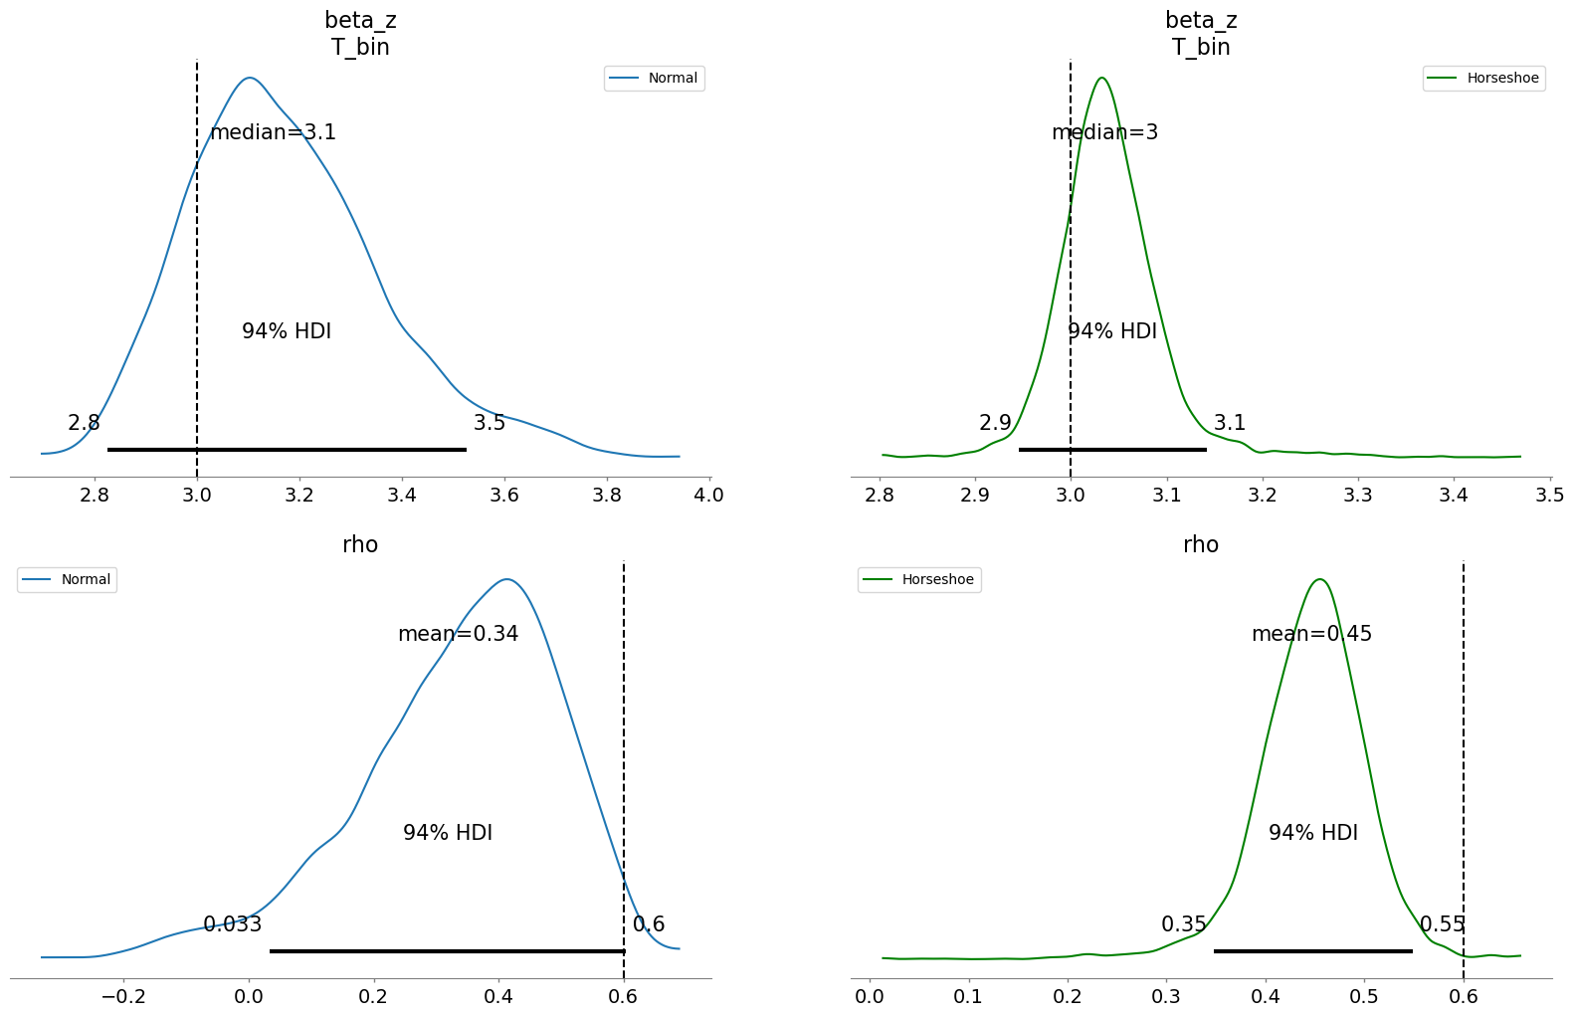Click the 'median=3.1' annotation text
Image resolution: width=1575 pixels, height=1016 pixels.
point(273,132)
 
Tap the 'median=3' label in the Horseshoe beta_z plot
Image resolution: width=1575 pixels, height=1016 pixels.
point(1104,132)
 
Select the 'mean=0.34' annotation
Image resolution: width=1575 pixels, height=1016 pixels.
point(458,634)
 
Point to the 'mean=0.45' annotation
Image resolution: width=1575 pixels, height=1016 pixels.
point(1311,634)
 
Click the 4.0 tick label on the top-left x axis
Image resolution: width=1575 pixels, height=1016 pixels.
point(708,495)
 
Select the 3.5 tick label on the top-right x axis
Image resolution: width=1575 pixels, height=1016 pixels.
point(1549,495)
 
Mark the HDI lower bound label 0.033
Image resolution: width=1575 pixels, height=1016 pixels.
point(232,924)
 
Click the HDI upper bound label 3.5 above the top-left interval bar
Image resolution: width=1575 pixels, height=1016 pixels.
point(490,423)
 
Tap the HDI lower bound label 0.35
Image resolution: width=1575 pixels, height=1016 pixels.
point(1183,924)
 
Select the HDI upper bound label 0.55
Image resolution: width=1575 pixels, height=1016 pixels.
point(1442,924)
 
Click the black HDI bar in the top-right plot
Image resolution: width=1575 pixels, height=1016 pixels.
point(1112,450)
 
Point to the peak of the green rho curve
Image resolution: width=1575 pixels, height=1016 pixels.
point(1319,579)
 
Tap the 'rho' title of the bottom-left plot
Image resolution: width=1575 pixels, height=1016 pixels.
point(360,544)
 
